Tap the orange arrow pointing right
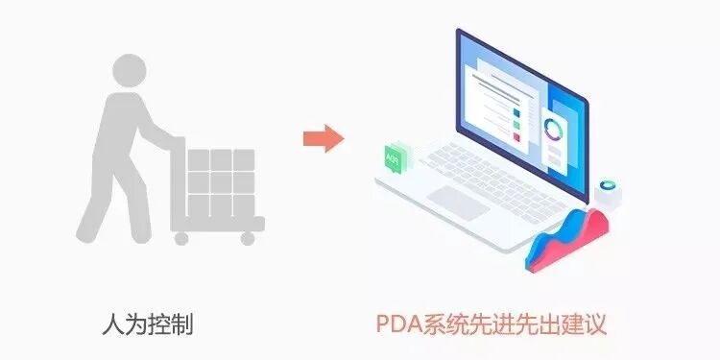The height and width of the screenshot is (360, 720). coord(324,138)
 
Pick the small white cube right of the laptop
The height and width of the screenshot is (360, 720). coord(607,192)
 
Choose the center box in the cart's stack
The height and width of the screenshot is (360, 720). coord(221,181)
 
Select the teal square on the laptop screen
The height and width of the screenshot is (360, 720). coord(516,111)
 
